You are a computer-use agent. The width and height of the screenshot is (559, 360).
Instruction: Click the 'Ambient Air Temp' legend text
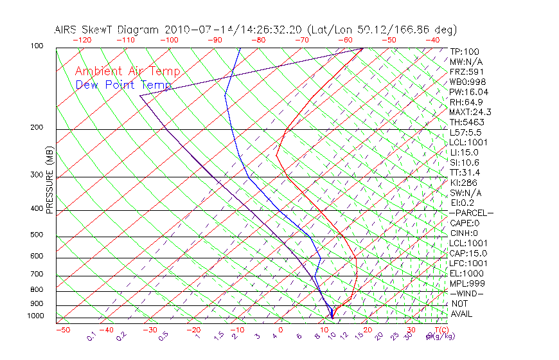pyautogui.click(x=127, y=71)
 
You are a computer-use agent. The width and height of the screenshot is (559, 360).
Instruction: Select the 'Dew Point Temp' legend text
pyautogui.click(x=123, y=85)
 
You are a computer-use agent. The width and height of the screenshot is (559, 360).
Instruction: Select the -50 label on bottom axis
pyautogui.click(x=62, y=330)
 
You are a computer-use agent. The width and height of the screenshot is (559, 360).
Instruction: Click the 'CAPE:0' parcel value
pyautogui.click(x=465, y=223)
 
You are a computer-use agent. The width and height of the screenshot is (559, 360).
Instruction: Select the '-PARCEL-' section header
pyautogui.click(x=471, y=213)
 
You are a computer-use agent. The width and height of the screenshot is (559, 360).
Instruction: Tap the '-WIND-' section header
pyautogui.click(x=466, y=293)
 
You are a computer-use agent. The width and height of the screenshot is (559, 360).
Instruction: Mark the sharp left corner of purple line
pyautogui.click(x=139, y=96)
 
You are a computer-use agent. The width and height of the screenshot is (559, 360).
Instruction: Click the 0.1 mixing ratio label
pyautogui.click(x=92, y=337)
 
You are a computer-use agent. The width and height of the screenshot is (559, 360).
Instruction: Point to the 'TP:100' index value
pyautogui.click(x=465, y=52)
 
